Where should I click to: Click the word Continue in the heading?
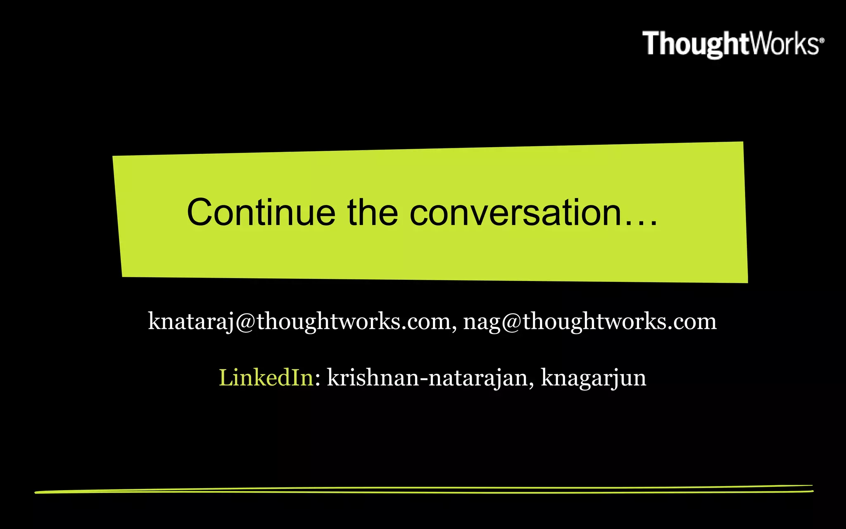pyautogui.click(x=261, y=212)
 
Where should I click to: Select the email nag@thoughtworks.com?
pyautogui.click(x=590, y=322)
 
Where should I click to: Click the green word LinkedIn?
pyautogui.click(x=266, y=377)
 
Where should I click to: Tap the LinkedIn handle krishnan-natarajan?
pyautogui.click(x=427, y=377)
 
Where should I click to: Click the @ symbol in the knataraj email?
pyautogui.click(x=246, y=322)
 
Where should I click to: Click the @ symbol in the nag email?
pyautogui.click(x=512, y=322)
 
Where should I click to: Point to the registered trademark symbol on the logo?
pyautogui.click(x=822, y=40)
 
